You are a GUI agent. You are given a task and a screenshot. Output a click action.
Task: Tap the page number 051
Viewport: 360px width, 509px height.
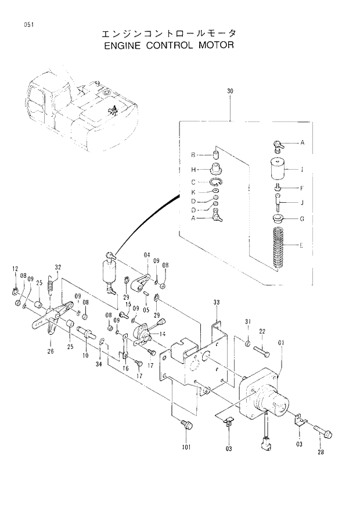[x=27, y=24]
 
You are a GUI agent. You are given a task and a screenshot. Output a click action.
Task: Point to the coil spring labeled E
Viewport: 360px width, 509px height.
[x=279, y=246]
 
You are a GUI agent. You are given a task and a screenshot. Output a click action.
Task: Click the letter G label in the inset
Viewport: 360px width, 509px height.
[x=301, y=219]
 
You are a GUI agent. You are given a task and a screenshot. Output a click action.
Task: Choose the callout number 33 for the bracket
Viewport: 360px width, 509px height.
[x=216, y=302]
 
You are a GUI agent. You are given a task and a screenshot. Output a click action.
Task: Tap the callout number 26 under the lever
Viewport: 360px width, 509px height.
[x=51, y=350]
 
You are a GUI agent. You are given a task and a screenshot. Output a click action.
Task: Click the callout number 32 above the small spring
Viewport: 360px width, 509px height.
[x=57, y=267]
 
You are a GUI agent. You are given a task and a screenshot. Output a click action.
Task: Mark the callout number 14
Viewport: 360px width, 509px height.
[x=162, y=334]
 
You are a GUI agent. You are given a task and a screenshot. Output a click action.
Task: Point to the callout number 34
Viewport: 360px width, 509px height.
[x=98, y=364]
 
